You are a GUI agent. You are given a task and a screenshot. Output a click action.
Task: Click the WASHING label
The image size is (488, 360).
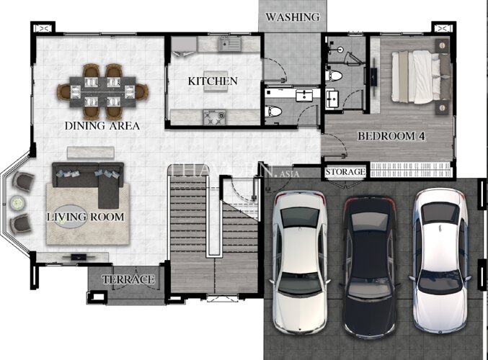pyautogui.click(x=292, y=17)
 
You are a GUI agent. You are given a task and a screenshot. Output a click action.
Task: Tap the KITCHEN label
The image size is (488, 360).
pyautogui.click(x=213, y=81)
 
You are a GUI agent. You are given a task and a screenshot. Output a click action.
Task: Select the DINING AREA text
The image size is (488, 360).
pyautogui.click(x=102, y=126)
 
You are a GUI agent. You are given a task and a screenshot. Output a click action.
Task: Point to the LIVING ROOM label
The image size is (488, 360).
pyautogui.click(x=86, y=217)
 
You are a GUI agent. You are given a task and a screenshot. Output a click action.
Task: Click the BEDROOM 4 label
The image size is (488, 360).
pyautogui.click(x=391, y=136)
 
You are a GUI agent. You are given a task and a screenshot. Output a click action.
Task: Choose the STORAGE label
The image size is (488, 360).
pyautogui.click(x=345, y=171)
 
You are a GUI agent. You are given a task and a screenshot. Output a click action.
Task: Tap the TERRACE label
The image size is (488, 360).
pyautogui.click(x=128, y=279)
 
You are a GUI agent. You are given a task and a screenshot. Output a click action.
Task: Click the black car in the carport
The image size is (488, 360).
pyautogui.click(x=369, y=266)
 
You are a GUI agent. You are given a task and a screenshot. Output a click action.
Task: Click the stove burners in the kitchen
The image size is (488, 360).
pyautogui.click(x=214, y=117)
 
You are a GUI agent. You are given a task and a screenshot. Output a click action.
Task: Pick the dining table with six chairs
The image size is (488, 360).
pyautogui.click(x=102, y=91)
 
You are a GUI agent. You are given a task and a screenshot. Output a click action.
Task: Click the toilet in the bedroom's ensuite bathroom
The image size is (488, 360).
pyautogui.click(x=333, y=76)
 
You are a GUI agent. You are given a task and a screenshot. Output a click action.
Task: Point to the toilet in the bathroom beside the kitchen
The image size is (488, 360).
pyautogui.click(x=273, y=111)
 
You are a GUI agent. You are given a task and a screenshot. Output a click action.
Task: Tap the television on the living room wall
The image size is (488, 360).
pyautogui.click(x=79, y=257)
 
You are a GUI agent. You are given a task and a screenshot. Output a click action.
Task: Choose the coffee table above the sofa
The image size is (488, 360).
pyautogui.click(x=91, y=153)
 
